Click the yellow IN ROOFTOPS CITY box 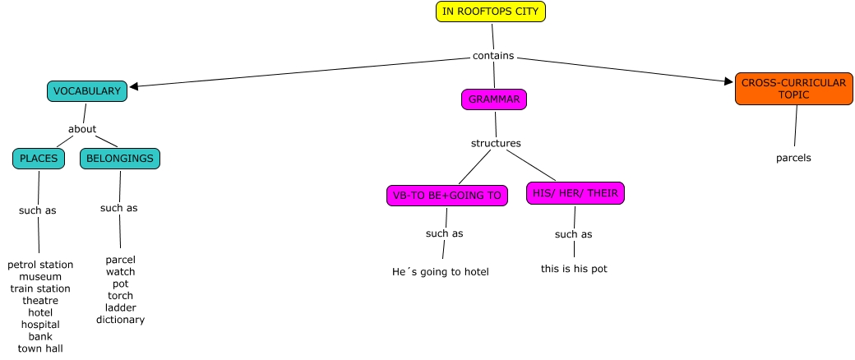490,12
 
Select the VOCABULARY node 87,91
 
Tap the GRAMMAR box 493,99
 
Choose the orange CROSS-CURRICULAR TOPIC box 793,89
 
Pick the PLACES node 39,158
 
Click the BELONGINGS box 119,158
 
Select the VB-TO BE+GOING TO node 446,195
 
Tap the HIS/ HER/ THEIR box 575,193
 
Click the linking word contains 493,56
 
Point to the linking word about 82,129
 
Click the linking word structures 496,143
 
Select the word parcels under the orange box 793,158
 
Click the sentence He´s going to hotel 441,272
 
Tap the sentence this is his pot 574,269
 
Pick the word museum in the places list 40,277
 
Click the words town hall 40,348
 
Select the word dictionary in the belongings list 120,320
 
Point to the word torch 120,296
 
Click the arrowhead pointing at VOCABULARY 134,85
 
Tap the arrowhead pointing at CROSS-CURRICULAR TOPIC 728,81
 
